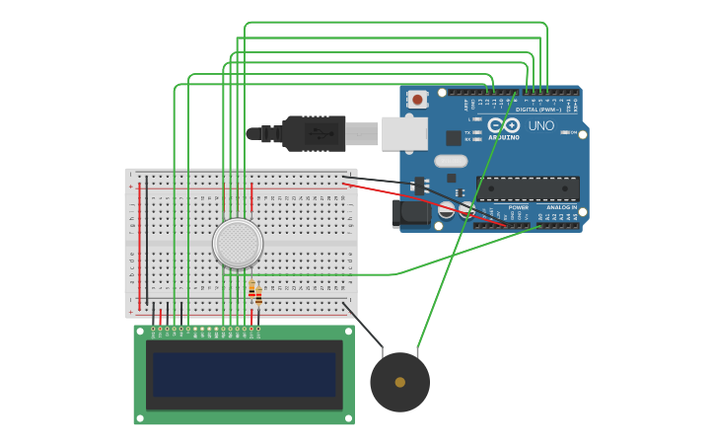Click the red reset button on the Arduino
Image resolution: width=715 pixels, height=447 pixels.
418,99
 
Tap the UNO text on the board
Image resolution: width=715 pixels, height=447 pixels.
541,126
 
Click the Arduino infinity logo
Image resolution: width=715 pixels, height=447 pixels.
504,125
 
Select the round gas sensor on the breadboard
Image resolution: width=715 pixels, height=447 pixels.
238,244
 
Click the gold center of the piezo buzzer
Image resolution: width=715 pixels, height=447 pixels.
399,382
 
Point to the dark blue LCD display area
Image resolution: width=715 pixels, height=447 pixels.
244,375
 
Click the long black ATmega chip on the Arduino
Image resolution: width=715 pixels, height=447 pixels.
528,188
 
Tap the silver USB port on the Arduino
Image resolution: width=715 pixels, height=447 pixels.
404,133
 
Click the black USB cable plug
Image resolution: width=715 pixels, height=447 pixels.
315,133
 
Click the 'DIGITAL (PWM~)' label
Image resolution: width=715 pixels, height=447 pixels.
538,110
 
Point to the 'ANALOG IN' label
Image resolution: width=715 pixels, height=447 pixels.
561,207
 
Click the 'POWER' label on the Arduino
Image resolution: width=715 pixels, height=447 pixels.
519,207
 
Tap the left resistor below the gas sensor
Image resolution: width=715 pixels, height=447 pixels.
251,288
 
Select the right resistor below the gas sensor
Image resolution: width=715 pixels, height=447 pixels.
258,294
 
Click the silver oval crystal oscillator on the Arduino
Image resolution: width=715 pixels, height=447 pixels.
451,161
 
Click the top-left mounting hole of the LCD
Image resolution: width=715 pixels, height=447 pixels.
139,331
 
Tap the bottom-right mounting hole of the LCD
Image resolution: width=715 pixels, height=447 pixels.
349,419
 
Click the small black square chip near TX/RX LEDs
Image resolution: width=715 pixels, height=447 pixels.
453,138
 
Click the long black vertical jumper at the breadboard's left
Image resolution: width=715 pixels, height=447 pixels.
147,242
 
